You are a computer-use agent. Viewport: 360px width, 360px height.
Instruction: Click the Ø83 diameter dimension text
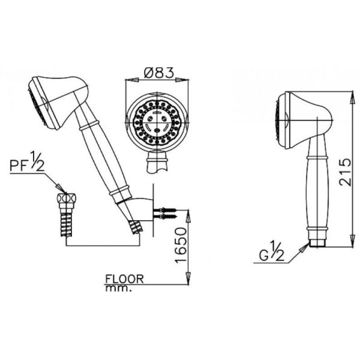click(x=158, y=73)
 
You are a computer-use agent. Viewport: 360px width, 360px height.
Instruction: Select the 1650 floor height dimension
click(x=180, y=245)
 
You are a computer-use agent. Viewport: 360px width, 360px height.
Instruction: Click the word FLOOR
click(x=124, y=279)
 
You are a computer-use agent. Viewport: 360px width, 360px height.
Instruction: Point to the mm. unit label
click(x=118, y=289)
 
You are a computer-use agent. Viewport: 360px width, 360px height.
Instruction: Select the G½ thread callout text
click(x=272, y=253)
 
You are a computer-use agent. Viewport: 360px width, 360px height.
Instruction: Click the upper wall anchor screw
click(x=165, y=209)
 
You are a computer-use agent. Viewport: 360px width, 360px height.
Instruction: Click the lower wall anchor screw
click(x=165, y=217)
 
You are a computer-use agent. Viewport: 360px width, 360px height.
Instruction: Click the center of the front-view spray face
click(x=157, y=121)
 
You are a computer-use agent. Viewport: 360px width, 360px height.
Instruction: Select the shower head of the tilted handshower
click(x=58, y=103)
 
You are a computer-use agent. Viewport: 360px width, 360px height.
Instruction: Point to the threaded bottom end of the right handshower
click(x=317, y=243)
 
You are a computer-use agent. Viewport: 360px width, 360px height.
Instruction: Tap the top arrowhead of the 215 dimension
click(x=352, y=98)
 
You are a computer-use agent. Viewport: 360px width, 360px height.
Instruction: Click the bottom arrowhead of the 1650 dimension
click(x=188, y=278)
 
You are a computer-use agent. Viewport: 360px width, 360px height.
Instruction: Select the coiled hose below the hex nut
click(x=66, y=224)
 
